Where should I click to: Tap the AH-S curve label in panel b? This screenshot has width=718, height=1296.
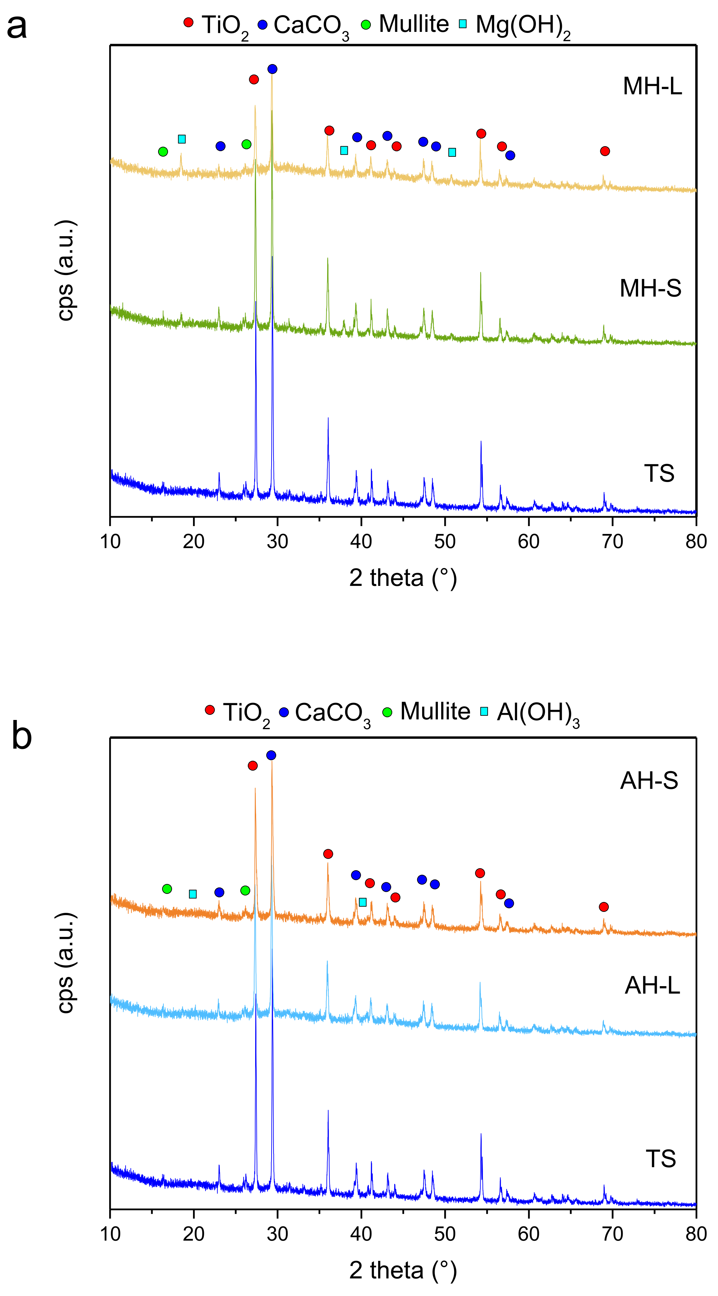[x=649, y=780]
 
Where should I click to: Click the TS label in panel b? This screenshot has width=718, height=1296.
[x=660, y=1159]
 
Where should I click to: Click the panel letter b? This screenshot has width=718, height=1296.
[x=22, y=735]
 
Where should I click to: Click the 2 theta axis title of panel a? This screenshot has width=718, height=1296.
[x=403, y=578]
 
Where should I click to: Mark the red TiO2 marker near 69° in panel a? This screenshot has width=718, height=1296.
[x=605, y=151]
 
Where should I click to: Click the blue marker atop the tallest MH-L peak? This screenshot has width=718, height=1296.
[x=272, y=69]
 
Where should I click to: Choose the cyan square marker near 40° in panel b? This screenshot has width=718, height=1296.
[x=363, y=902]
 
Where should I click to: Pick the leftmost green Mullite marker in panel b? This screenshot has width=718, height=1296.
[x=167, y=889]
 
